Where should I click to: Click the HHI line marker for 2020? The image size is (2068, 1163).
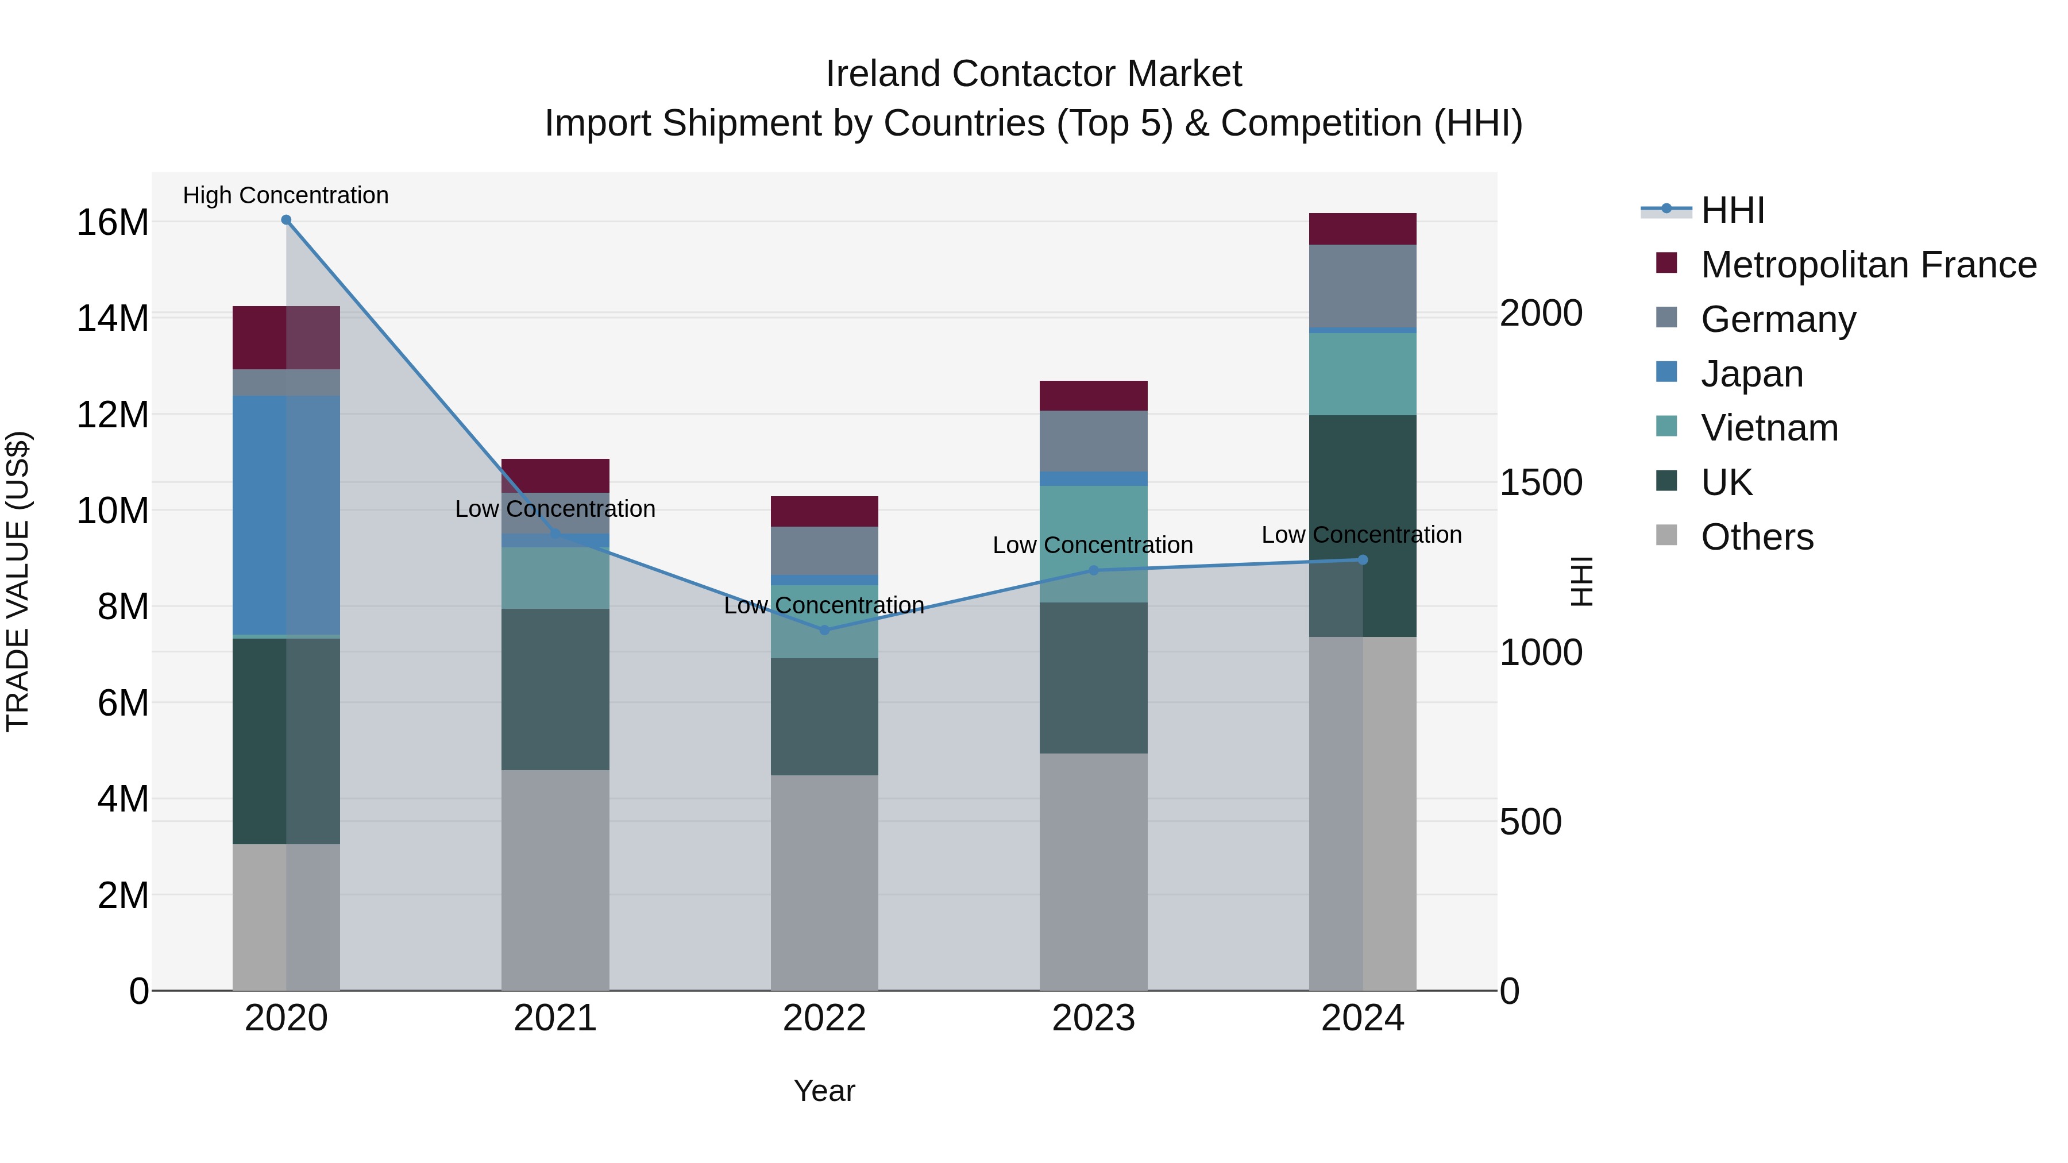[x=286, y=220]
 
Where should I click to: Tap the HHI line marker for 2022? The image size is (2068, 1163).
[x=824, y=630]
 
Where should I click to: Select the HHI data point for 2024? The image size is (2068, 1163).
[x=1363, y=559]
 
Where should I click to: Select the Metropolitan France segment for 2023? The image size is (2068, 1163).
[x=1093, y=396]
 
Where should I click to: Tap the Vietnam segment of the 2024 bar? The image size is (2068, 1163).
[x=1363, y=373]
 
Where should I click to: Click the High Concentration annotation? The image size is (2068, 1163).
[x=286, y=195]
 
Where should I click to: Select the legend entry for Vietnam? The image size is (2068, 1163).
[x=1769, y=428]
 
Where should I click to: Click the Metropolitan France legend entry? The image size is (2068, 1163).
[x=1868, y=265]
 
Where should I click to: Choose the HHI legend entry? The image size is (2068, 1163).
[x=1733, y=210]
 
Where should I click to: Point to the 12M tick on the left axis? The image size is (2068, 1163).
[x=113, y=415]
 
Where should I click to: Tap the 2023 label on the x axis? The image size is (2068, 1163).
[x=1093, y=1018]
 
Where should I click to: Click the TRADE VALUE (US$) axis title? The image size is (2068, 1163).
[x=18, y=581]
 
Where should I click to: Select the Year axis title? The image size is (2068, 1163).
[x=824, y=1091]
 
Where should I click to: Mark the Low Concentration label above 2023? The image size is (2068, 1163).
[x=1093, y=545]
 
